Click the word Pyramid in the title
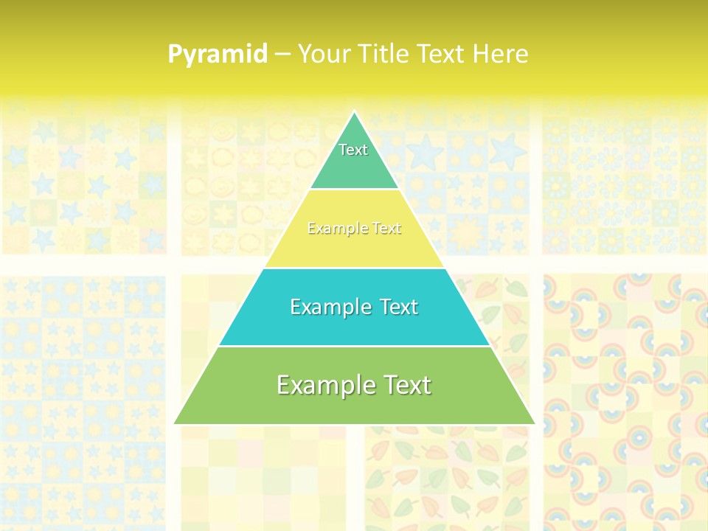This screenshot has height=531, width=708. [x=217, y=55]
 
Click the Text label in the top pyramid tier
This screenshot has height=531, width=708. [x=353, y=150]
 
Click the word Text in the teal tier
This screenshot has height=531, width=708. [x=399, y=307]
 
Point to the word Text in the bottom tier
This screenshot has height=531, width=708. [x=406, y=385]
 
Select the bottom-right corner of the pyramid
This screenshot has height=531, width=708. [x=534, y=423]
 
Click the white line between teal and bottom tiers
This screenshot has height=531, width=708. [x=354, y=346]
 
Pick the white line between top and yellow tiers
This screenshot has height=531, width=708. [x=354, y=189]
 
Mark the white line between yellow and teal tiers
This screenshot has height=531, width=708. [x=354, y=268]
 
